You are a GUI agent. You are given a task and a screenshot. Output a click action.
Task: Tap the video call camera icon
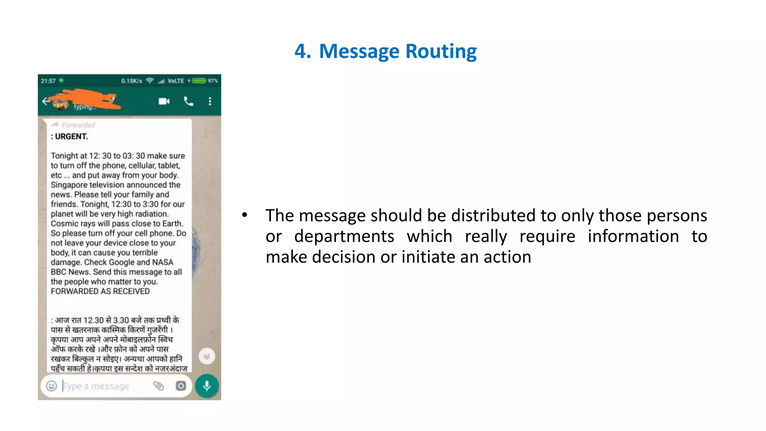click(164, 101)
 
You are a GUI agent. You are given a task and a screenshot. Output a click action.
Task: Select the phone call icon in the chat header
click(189, 101)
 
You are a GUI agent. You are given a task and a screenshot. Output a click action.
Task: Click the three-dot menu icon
click(210, 101)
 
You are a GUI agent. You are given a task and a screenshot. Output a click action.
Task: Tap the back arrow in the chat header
click(46, 101)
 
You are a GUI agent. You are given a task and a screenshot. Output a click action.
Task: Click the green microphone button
click(206, 386)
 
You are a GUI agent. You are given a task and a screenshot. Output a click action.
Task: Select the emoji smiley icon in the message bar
click(52, 386)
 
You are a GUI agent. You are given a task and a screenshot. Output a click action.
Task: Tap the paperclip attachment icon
click(159, 386)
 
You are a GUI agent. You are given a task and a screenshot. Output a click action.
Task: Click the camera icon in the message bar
click(181, 386)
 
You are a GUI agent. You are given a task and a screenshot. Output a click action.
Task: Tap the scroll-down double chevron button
click(206, 356)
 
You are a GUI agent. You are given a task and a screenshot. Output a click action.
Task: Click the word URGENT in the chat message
click(71, 137)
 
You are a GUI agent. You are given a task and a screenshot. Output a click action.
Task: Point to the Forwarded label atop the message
click(78, 125)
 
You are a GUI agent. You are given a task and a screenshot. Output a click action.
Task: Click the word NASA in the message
click(163, 262)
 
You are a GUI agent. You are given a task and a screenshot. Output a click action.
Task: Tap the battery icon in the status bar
click(199, 81)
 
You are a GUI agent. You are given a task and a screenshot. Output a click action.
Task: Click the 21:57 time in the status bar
click(48, 81)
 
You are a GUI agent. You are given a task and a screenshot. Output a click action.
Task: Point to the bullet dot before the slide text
click(244, 215)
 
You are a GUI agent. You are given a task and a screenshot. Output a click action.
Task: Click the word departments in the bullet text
click(344, 236)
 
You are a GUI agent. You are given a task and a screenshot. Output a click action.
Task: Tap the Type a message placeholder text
click(96, 386)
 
